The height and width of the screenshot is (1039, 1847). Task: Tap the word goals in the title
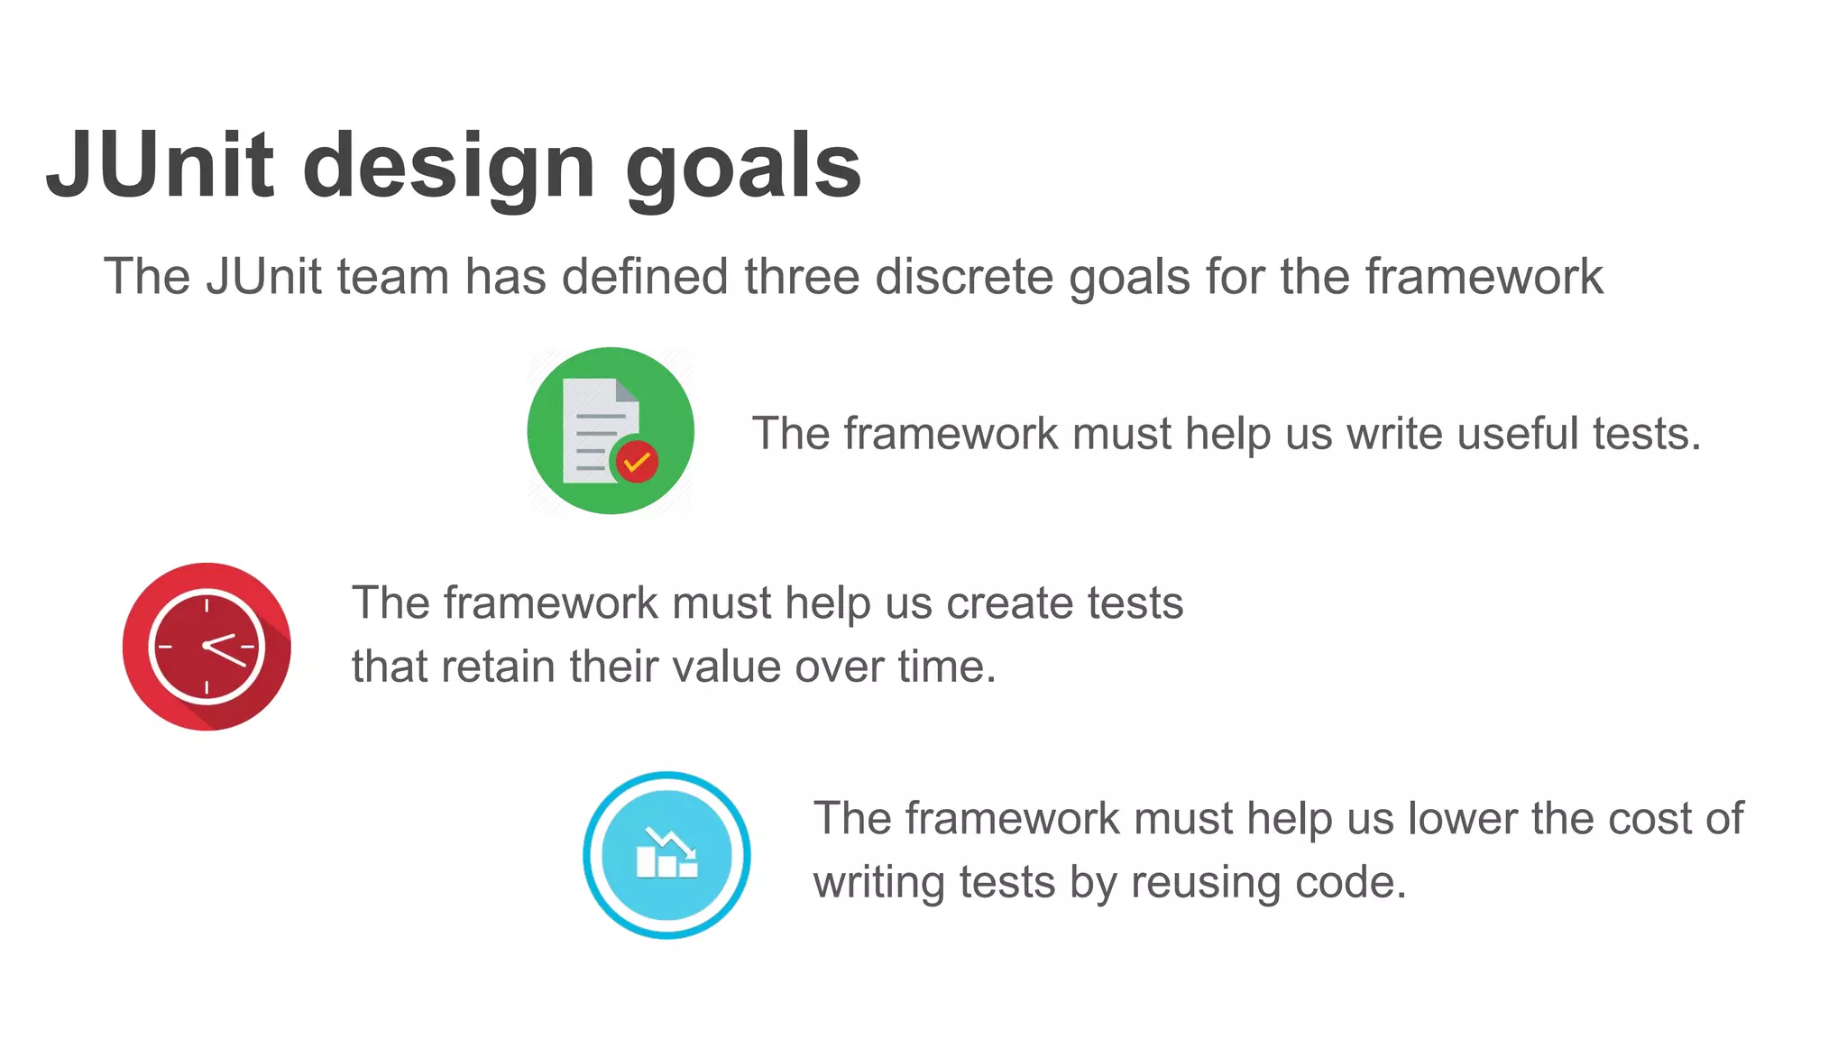[743, 168]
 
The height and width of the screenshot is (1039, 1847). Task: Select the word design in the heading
[448, 168]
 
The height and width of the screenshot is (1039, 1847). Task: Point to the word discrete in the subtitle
[963, 276]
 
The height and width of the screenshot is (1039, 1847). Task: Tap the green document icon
[611, 430]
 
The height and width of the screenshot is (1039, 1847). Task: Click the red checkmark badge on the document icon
[637, 462]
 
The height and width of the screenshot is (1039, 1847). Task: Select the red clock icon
[207, 646]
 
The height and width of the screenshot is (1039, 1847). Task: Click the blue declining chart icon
[666, 854]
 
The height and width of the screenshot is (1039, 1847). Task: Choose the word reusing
[1205, 883]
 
